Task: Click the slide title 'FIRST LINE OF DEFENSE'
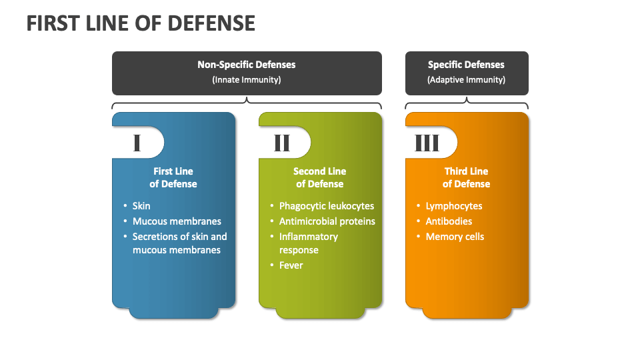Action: (x=141, y=23)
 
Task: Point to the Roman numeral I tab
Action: (x=137, y=143)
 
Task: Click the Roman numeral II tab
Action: (x=283, y=143)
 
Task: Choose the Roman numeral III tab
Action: (x=428, y=143)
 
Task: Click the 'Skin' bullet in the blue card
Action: (x=141, y=206)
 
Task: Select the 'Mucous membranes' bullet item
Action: (x=177, y=221)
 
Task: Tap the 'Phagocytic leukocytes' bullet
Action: (x=327, y=206)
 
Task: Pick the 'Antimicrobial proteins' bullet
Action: (x=327, y=221)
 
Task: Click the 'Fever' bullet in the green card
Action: (x=291, y=265)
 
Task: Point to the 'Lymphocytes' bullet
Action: (x=454, y=206)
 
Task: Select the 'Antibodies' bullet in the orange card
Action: (x=449, y=221)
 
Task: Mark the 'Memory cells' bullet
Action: (x=455, y=237)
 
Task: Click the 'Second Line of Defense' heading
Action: (x=320, y=177)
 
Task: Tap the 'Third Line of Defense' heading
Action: (x=467, y=177)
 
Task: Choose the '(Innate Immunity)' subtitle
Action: (x=247, y=80)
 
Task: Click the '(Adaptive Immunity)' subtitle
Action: (x=467, y=80)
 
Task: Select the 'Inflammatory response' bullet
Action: (x=309, y=243)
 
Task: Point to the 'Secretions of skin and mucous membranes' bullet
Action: (x=179, y=243)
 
